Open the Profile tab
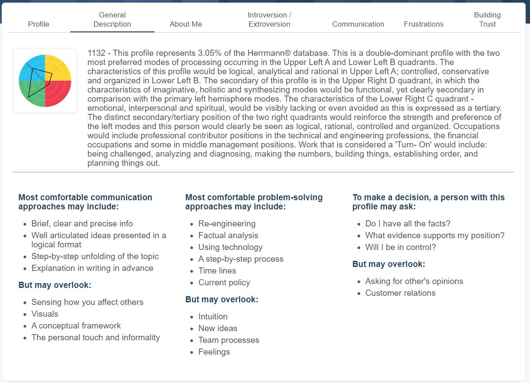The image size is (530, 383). click(38, 24)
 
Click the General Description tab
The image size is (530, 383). click(112, 20)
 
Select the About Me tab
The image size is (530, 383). click(186, 24)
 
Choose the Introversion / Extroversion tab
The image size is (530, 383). click(269, 20)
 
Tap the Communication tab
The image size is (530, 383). click(358, 24)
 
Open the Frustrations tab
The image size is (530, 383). click(423, 24)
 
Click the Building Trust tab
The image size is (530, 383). click(487, 20)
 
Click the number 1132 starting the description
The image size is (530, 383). click(96, 53)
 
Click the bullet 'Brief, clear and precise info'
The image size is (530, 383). click(82, 223)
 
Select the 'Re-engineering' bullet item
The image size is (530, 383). click(227, 223)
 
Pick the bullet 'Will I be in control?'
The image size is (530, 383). click(400, 247)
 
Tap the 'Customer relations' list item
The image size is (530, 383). click(400, 293)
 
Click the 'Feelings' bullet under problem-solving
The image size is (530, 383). click(214, 352)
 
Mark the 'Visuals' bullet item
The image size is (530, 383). click(45, 314)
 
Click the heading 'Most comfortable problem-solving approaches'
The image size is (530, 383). click(254, 202)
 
